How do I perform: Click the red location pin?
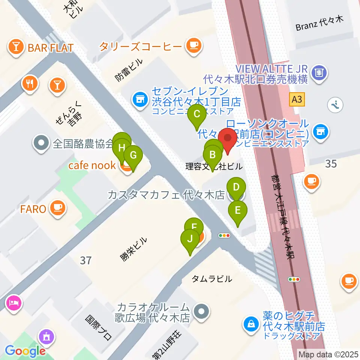[x=228, y=138]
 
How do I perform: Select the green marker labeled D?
[x=236, y=187]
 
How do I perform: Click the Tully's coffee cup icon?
[x=193, y=46]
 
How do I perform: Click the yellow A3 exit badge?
[x=297, y=99]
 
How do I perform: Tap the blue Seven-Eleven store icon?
[x=140, y=100]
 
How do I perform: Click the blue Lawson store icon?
[x=320, y=131]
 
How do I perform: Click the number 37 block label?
[x=85, y=260]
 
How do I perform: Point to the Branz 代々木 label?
[x=319, y=26]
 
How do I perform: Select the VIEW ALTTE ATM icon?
[x=319, y=71]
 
